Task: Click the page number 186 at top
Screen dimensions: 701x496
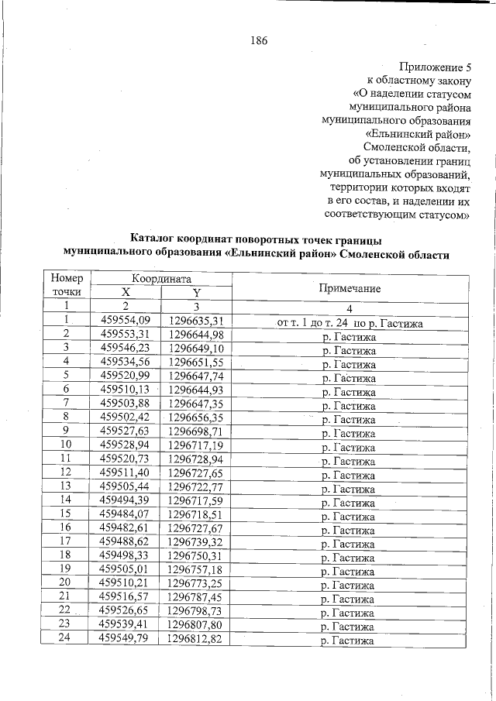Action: (258, 41)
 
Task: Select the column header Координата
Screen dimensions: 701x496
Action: (161, 278)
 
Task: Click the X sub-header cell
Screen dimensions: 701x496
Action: (126, 292)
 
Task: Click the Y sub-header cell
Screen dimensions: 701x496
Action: (196, 292)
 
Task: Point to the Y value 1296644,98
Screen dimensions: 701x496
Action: (196, 335)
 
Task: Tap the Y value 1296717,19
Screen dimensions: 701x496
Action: (196, 445)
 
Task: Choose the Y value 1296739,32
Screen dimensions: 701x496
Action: (196, 542)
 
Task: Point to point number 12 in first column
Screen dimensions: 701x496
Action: (67, 472)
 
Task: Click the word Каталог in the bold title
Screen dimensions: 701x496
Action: (156, 239)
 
